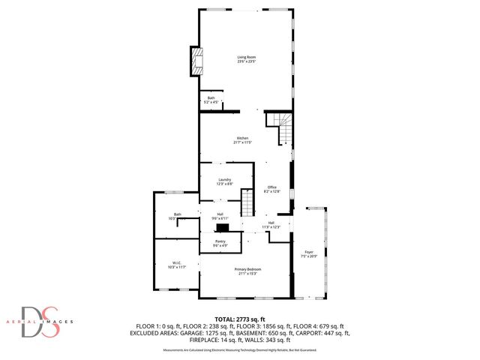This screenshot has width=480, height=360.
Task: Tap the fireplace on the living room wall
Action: (197, 61)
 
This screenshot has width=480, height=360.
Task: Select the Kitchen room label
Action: (242, 138)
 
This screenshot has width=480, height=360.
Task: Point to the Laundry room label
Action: (223, 179)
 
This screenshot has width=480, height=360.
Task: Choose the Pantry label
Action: (220, 241)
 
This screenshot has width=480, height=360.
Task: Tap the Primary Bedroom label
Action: (247, 268)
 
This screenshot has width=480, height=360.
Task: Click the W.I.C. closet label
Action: (176, 262)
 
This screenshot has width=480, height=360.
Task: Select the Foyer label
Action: (308, 251)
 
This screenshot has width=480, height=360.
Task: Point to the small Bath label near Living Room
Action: (210, 98)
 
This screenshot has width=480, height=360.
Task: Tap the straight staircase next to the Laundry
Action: (248, 202)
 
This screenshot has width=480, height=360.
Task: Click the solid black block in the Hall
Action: (223, 229)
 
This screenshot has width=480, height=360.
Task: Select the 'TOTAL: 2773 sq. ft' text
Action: (239, 319)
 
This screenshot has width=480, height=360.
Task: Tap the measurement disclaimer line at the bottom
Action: (240, 349)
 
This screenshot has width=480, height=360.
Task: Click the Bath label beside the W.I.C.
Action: (178, 214)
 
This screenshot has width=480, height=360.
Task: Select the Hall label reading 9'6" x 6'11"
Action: (220, 214)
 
